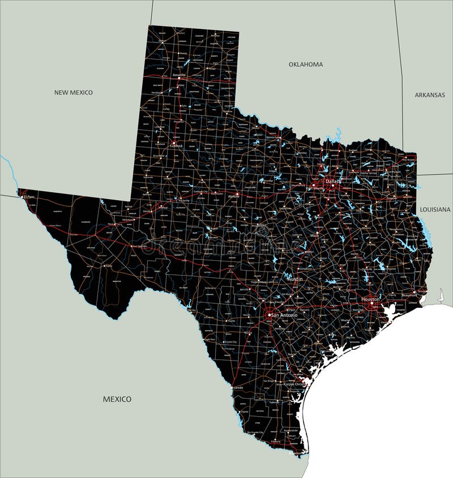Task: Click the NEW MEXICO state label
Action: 73,92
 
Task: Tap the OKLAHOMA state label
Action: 305,65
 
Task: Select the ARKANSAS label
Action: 429,95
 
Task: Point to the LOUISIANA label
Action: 435,209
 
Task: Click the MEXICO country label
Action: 117,399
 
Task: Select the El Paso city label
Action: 29,197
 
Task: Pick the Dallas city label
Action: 332,181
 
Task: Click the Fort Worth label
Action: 315,188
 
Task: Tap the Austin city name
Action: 295,280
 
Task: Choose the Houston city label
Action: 371,299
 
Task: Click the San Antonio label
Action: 284,315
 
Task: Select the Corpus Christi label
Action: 290,384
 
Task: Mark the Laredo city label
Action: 238,388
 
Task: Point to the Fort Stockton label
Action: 139,247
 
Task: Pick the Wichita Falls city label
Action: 273,137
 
